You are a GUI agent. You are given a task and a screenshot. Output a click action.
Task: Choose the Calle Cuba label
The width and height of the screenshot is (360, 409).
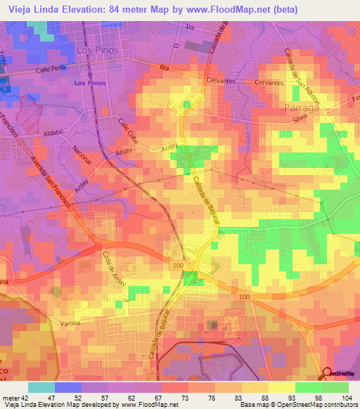point(128,132)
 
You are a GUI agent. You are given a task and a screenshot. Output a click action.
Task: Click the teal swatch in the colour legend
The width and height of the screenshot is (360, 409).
point(41,387)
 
